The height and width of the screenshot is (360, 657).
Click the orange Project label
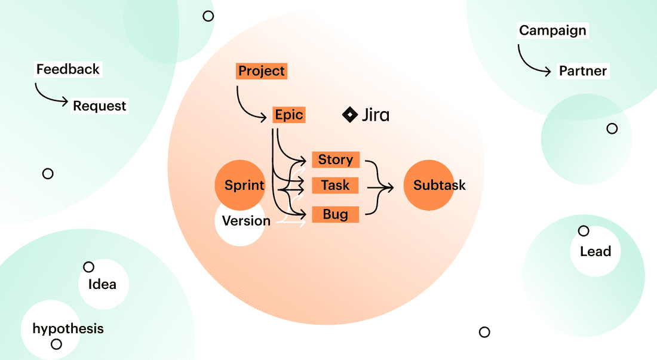262,71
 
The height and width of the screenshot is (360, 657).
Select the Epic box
289,115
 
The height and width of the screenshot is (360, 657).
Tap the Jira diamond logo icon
349,115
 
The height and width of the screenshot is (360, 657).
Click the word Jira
376,115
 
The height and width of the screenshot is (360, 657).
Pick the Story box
335,159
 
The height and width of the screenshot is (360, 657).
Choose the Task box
335,186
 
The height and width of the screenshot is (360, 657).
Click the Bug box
335,214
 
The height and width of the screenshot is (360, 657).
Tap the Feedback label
67,69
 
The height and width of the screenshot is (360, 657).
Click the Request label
100,106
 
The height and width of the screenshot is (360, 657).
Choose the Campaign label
552,30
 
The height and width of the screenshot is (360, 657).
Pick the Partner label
583,71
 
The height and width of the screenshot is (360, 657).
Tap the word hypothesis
67,328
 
